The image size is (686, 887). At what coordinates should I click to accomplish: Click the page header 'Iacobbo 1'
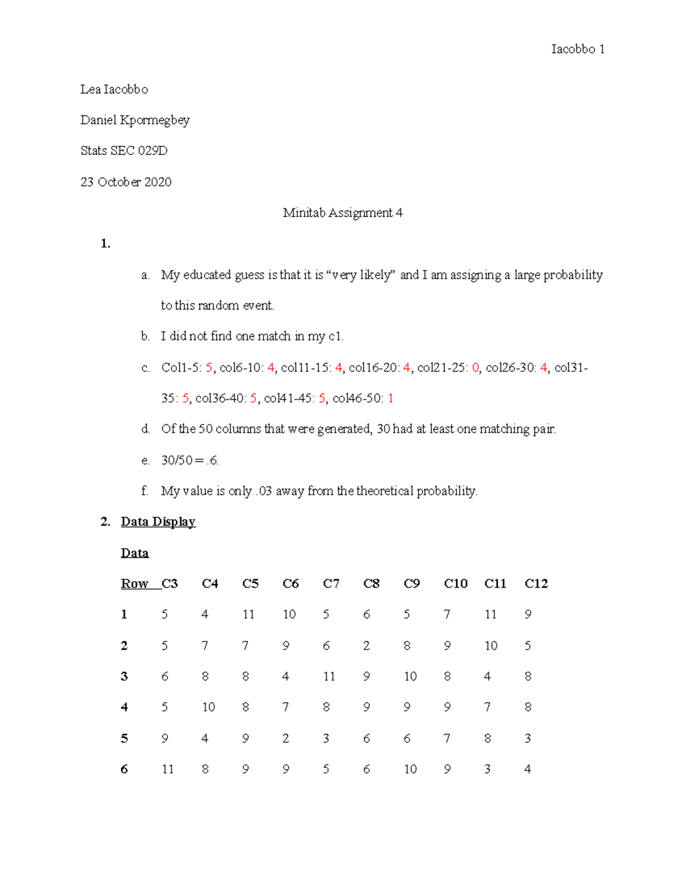577,49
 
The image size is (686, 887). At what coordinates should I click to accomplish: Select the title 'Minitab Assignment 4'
342,213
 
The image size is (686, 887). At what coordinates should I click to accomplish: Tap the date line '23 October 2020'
126,182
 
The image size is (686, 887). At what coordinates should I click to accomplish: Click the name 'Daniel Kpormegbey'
135,120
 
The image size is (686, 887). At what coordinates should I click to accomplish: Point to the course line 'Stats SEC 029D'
124,151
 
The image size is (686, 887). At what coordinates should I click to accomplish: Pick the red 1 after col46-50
390,399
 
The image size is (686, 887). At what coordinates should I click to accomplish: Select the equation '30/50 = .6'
189,460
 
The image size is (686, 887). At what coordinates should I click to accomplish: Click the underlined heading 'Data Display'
158,522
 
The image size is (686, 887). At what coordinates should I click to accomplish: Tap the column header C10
456,584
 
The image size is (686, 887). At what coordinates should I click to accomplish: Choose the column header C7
331,584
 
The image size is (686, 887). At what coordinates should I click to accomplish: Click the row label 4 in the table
124,707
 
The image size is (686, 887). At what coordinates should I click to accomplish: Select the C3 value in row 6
167,769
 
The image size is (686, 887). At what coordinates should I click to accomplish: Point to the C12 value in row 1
528,615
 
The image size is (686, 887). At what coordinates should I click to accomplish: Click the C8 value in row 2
366,646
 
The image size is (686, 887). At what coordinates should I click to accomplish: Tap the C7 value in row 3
329,677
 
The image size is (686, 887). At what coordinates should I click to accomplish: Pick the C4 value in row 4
208,707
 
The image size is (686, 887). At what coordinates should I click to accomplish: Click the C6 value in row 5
285,739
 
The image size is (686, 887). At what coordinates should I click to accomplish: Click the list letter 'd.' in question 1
146,429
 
